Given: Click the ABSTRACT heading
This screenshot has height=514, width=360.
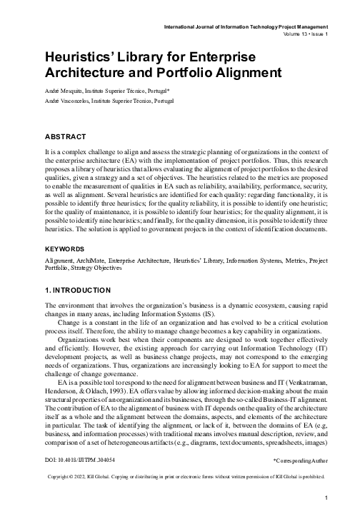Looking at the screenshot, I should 66,136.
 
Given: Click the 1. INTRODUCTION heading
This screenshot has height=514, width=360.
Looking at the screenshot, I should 77,291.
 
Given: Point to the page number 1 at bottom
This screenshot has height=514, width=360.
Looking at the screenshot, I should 325,497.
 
